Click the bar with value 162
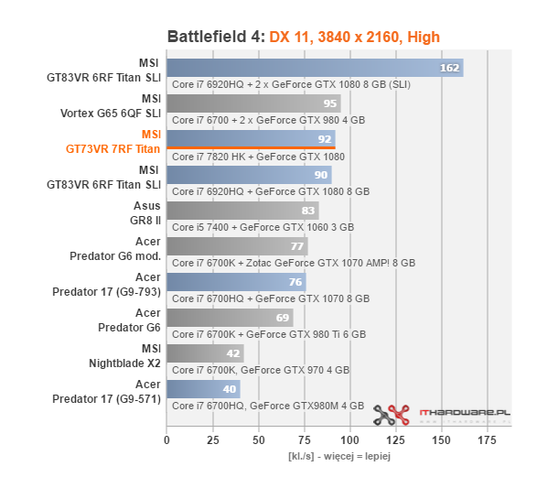[315, 68]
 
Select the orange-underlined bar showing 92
[251, 139]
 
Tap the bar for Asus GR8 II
[242, 211]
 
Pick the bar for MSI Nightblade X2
[205, 353]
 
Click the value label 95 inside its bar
[329, 103]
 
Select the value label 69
[283, 318]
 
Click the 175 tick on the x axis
[488, 440]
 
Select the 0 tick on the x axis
[166, 440]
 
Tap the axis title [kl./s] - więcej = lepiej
[338, 455]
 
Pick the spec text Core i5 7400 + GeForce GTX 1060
[263, 226]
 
